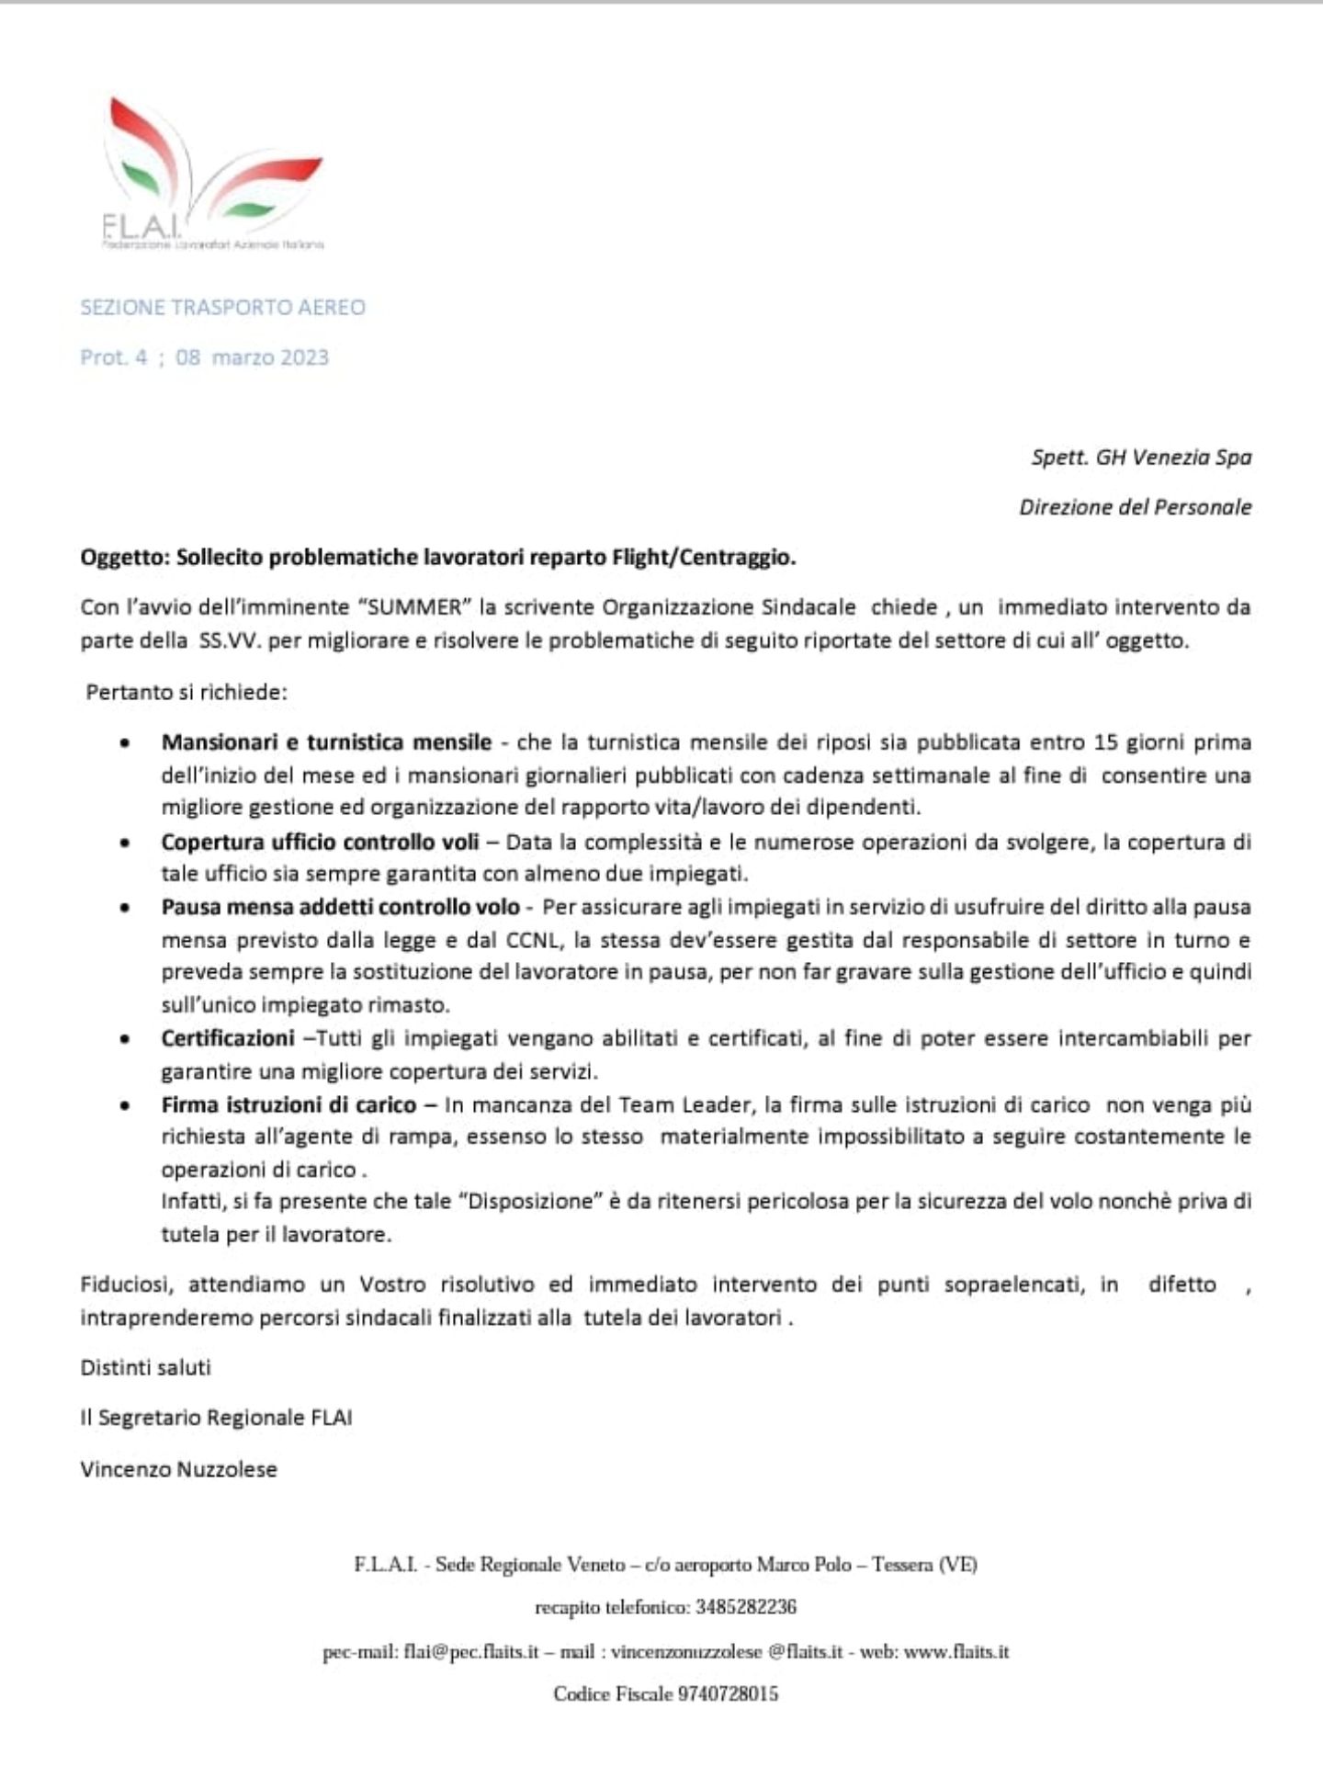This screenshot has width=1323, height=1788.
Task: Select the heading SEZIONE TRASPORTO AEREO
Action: point(222,308)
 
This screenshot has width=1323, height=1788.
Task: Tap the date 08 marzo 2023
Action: point(252,357)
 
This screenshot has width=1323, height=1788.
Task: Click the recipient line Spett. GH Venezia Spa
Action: point(1140,457)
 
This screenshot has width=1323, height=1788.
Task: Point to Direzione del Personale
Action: point(1135,507)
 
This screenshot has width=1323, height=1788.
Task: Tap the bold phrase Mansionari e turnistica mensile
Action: point(326,741)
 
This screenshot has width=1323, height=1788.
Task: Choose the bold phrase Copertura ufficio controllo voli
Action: point(320,842)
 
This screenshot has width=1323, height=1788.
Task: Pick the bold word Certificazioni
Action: point(227,1038)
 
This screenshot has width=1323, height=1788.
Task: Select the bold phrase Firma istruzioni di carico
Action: point(288,1104)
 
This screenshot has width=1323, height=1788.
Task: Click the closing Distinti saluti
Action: point(145,1367)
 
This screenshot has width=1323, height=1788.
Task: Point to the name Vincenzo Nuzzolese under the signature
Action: point(178,1469)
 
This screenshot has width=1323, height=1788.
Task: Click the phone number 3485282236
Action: point(745,1607)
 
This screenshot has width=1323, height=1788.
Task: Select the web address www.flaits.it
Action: point(955,1651)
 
